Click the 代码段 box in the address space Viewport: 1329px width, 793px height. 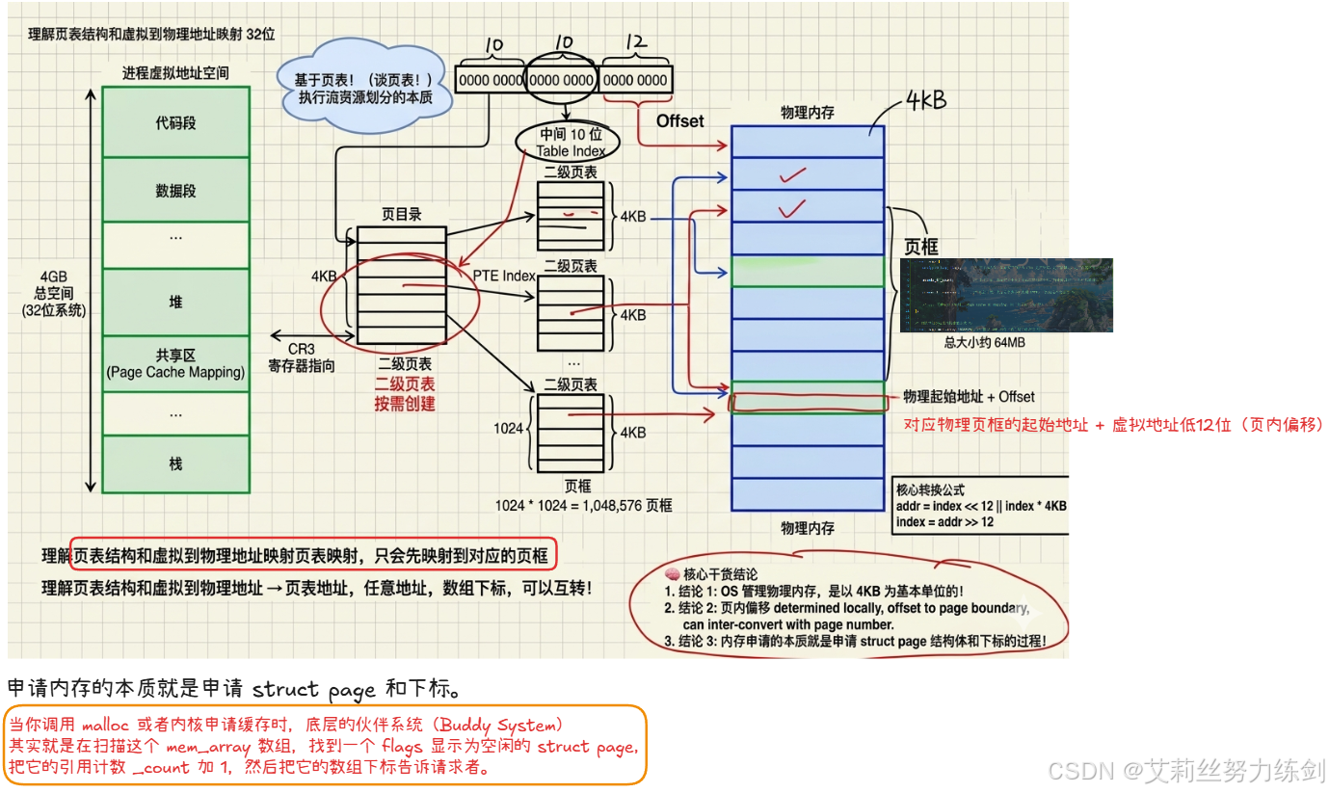coord(175,123)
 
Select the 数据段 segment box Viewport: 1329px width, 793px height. coord(175,191)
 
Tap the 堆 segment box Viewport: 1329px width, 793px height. coord(175,302)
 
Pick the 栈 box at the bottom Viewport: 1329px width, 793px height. coord(175,463)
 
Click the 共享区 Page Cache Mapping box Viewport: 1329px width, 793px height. coord(175,363)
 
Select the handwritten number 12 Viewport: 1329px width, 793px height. coord(635,44)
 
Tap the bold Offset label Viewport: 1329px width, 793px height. coord(680,121)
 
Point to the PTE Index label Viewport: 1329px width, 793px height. coord(504,276)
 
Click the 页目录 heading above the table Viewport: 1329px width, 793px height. coord(401,215)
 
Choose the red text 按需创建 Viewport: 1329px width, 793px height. coord(405,403)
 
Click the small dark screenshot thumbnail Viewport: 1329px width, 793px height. coord(1006,295)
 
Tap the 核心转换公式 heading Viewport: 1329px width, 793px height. coord(930,489)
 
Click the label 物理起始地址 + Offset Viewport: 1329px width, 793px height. coord(969,397)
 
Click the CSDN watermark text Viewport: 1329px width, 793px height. coord(1186,770)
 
